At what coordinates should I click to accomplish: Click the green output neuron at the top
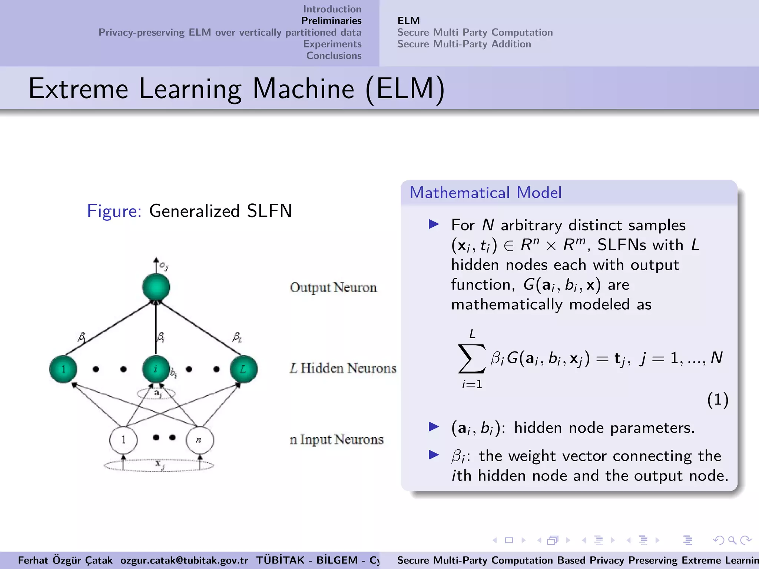pyautogui.click(x=156, y=287)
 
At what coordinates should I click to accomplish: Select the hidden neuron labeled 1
pyautogui.click(x=63, y=369)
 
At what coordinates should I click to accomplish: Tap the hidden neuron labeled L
pyautogui.click(x=243, y=369)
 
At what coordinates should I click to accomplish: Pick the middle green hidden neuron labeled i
pyautogui.click(x=156, y=369)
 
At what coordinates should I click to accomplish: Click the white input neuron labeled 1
pyautogui.click(x=123, y=440)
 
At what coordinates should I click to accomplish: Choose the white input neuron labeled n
pyautogui.click(x=200, y=440)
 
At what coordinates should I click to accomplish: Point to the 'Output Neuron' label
pyautogui.click(x=333, y=288)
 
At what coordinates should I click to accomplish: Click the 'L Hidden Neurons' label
pyautogui.click(x=343, y=368)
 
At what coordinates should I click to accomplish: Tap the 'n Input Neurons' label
pyautogui.click(x=337, y=440)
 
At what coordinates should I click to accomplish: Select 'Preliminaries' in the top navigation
pyautogui.click(x=331, y=21)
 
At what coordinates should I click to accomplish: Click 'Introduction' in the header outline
pyautogui.click(x=332, y=9)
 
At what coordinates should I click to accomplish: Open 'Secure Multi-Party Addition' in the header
pyautogui.click(x=464, y=44)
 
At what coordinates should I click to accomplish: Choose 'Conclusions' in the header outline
pyautogui.click(x=334, y=56)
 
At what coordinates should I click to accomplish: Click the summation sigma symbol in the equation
pyautogui.click(x=471, y=358)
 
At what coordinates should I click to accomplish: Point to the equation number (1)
pyautogui.click(x=718, y=400)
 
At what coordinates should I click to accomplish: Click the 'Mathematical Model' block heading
pyautogui.click(x=485, y=193)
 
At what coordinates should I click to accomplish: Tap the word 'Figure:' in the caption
pyautogui.click(x=114, y=211)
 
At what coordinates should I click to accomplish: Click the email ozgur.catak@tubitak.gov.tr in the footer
pyautogui.click(x=184, y=560)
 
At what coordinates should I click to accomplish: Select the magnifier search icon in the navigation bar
pyautogui.click(x=732, y=540)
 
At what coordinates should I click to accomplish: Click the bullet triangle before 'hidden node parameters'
pyautogui.click(x=434, y=427)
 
